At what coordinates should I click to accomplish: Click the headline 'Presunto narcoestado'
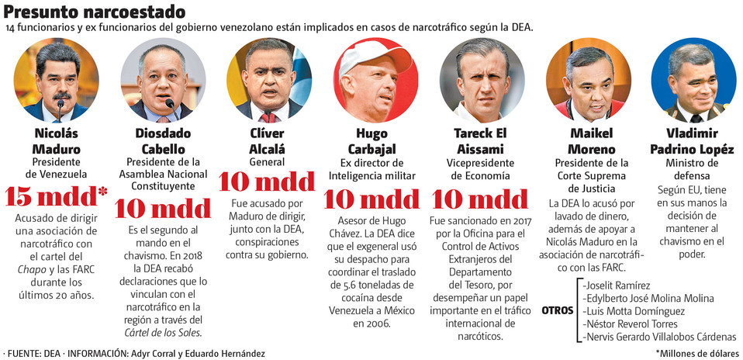click(95, 12)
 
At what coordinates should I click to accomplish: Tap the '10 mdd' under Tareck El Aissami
click(482, 199)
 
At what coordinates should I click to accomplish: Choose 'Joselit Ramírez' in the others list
click(617, 285)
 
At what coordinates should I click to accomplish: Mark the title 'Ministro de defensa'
click(692, 170)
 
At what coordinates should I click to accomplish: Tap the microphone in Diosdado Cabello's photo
click(169, 104)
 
